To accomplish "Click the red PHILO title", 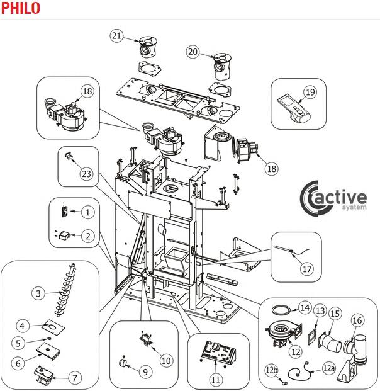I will pos(20,8).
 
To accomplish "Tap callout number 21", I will pos(116,35).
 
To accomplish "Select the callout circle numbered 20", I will pos(193,52).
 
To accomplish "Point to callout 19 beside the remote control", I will pos(310,92).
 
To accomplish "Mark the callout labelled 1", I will pos(88,212).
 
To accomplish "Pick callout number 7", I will pos(75,378).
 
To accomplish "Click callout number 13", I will pos(320,311).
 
